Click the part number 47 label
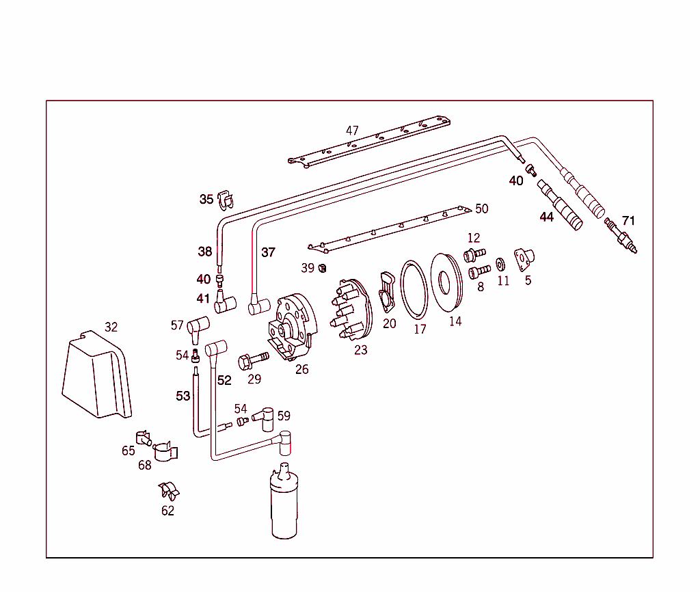(352, 131)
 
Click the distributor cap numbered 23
(353, 310)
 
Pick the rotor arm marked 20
(387, 293)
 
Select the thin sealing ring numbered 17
(414, 289)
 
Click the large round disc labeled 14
(447, 283)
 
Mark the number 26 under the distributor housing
(301, 370)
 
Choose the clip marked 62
(168, 491)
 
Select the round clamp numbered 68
(165, 451)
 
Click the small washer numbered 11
(500, 265)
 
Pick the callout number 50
(481, 208)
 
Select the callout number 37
(268, 252)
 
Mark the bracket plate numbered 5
(524, 258)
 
